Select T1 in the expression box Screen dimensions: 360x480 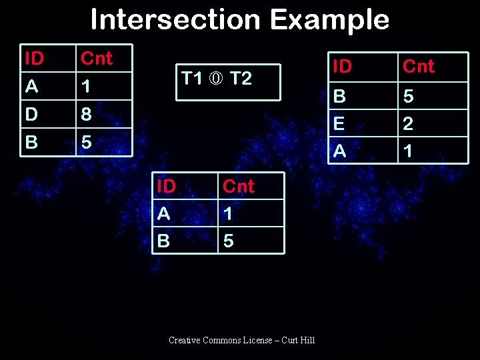[x=192, y=79]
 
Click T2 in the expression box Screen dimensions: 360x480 [x=240, y=79]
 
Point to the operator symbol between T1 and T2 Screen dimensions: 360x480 [x=216, y=79]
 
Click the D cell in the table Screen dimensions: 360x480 [x=31, y=114]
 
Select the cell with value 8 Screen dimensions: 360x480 [x=86, y=115]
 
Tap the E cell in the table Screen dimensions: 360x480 [x=339, y=124]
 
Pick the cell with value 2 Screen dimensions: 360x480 [x=409, y=124]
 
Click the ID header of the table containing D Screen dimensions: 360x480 [x=34, y=59]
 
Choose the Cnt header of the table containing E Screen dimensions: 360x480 [x=419, y=66]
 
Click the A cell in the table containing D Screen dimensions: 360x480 [x=31, y=87]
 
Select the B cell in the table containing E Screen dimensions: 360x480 [x=339, y=97]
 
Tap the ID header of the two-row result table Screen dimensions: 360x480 [x=166, y=186]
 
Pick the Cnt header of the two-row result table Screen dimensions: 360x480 [x=239, y=186]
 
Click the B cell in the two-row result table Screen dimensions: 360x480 [x=163, y=240]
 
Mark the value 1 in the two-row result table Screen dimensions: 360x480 [x=228, y=213]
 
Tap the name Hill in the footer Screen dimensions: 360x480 [x=307, y=340]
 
